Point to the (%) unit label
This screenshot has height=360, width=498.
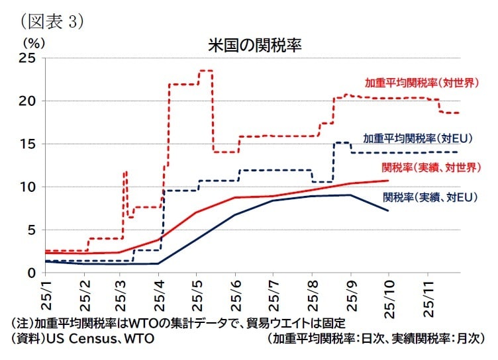[x=33, y=41]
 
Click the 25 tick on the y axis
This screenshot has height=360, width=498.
[x=26, y=58]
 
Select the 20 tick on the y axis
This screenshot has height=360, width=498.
[x=26, y=101]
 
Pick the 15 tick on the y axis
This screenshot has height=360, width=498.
[x=26, y=144]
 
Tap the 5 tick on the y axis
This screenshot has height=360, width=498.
[x=30, y=230]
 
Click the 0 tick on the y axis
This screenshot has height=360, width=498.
[x=30, y=273]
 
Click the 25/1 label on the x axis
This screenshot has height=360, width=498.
[x=46, y=293]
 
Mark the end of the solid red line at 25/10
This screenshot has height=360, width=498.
[x=388, y=180]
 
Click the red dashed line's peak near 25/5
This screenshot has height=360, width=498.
[x=205, y=71]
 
